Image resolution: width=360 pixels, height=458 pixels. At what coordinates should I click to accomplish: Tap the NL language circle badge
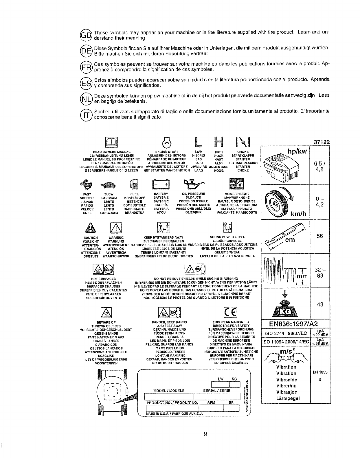86,99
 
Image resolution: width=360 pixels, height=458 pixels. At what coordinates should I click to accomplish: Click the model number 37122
322,142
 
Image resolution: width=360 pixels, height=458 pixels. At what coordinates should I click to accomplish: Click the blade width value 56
320,236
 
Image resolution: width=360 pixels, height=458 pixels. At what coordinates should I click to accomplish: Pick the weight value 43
320,304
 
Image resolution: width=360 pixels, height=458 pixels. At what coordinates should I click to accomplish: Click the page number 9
205,434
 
